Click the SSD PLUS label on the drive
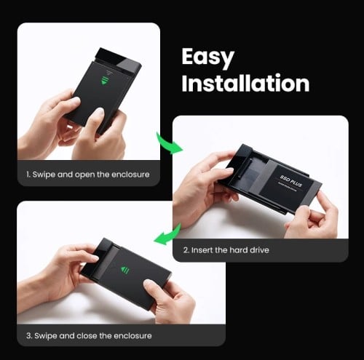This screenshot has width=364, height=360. coord(290,179)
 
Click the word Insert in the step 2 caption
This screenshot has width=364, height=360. coord(202,250)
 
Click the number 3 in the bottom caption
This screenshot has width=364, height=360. coord(28,335)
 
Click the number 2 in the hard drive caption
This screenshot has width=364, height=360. coord(186,250)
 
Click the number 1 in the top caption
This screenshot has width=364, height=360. coord(28,175)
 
